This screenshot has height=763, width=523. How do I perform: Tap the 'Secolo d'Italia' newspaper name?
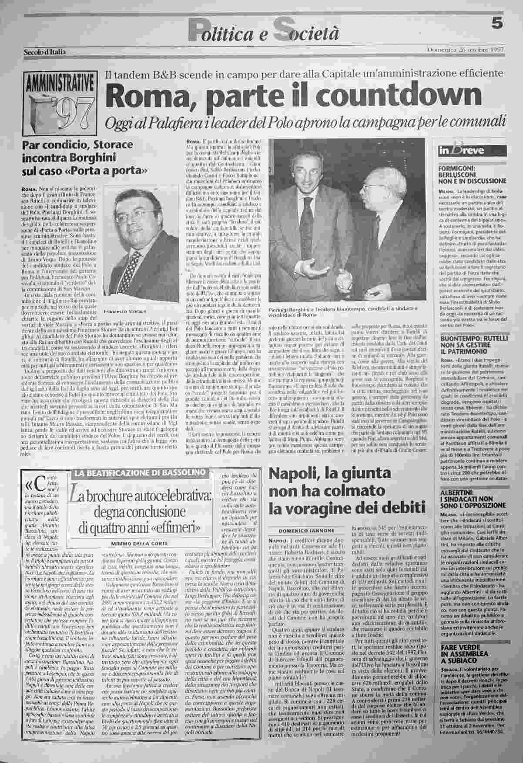pos(44,52)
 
